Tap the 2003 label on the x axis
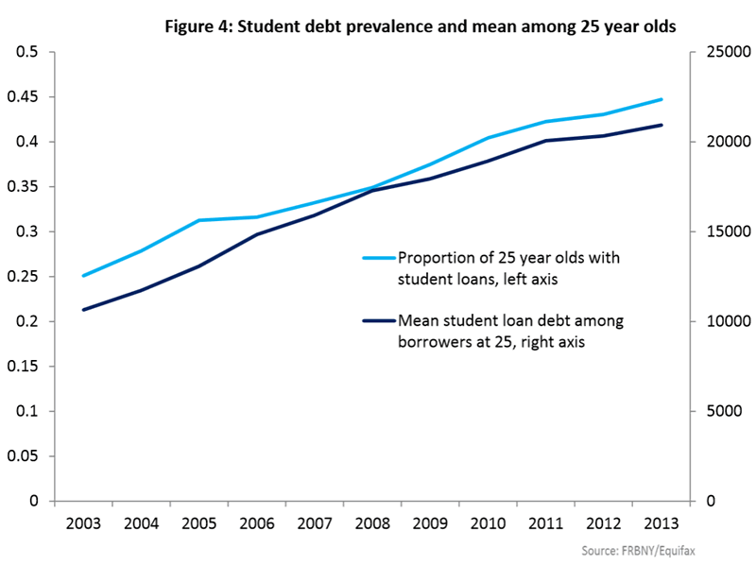83,523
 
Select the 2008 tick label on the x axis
373,523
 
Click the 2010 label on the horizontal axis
489,523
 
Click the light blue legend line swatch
379,257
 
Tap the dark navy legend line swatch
379,320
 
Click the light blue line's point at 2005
198,220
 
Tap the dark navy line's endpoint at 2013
661,125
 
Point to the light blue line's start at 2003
83,276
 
